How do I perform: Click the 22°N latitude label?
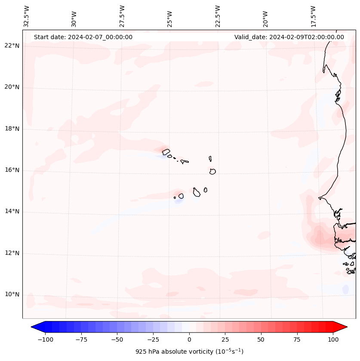pyautogui.click(x=12, y=46)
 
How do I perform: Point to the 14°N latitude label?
pyautogui.click(x=12, y=212)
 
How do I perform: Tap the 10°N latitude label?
pyautogui.click(x=12, y=295)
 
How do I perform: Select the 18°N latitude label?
pyautogui.click(x=12, y=129)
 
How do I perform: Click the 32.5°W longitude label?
pyautogui.click(x=27, y=16)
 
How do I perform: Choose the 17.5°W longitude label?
pyautogui.click(x=314, y=16)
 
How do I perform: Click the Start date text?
pyautogui.click(x=83, y=37)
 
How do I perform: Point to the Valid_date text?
pyautogui.click(x=289, y=37)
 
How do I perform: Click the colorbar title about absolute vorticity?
pyautogui.click(x=189, y=352)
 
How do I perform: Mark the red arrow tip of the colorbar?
pyautogui.click(x=346, y=327)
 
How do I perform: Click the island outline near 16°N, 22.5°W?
pyautogui.click(x=212, y=171)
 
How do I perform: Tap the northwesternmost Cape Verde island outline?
pyautogui.click(x=166, y=151)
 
